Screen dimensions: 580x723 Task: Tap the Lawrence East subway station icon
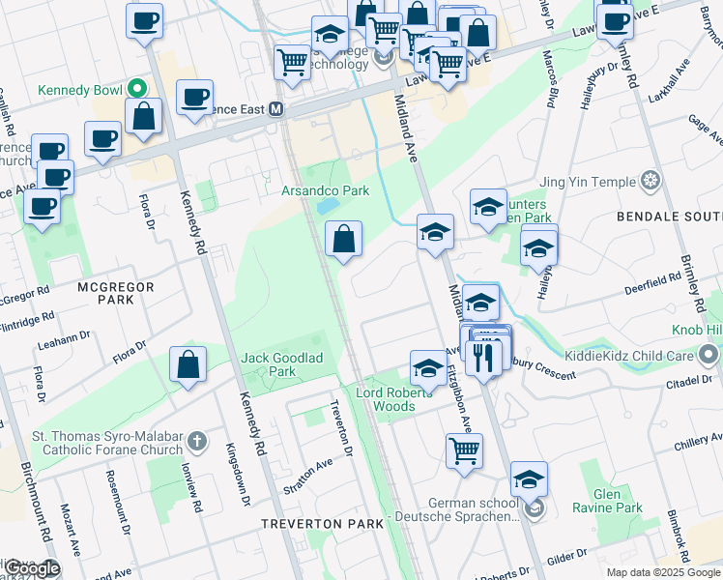tap(276, 108)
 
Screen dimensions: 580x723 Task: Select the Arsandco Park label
tap(325, 190)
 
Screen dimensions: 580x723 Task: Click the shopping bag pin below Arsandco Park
tap(344, 238)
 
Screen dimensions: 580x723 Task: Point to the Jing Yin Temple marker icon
tap(651, 181)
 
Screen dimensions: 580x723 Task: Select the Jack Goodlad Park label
tap(282, 364)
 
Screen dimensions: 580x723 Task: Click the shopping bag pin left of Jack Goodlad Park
tap(188, 365)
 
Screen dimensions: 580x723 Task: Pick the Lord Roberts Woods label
tap(386, 399)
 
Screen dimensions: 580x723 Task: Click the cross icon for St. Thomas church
tap(196, 442)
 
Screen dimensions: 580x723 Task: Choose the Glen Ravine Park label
tap(619, 500)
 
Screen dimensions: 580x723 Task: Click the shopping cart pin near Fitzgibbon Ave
tap(465, 450)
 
